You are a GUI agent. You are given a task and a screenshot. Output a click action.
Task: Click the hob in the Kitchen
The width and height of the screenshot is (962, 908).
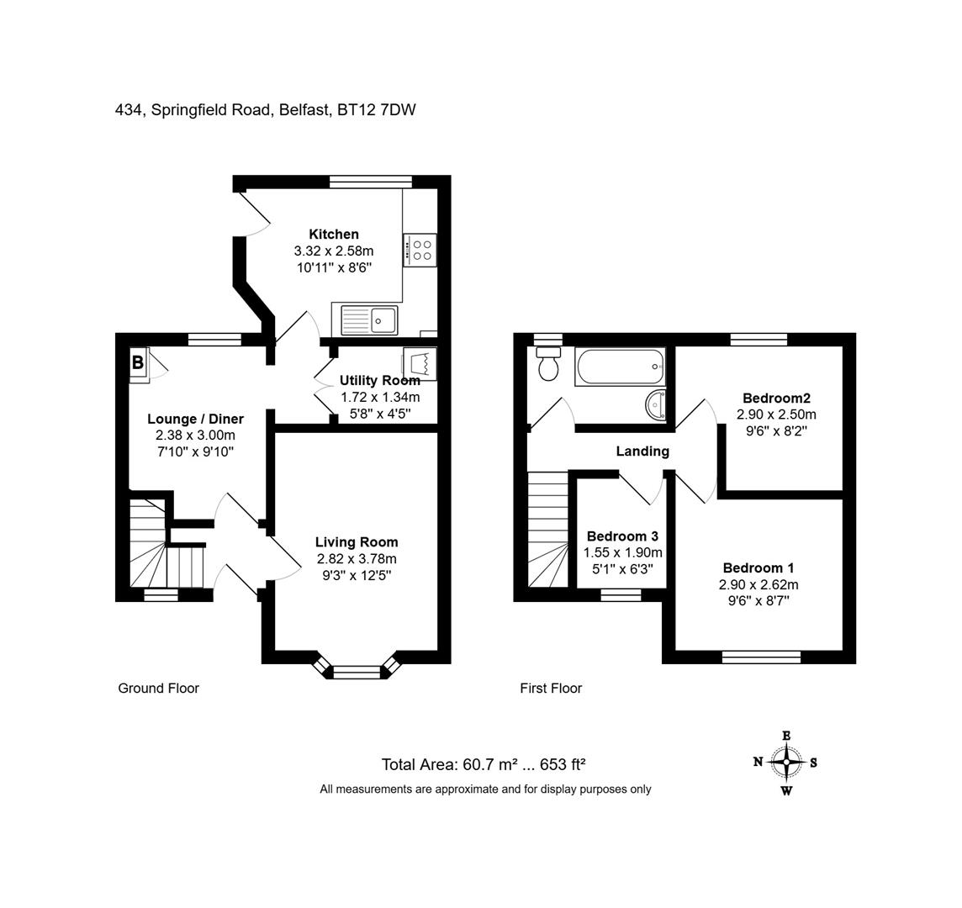tap(420, 251)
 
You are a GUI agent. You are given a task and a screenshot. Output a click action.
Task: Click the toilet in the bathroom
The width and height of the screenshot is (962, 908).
tap(547, 364)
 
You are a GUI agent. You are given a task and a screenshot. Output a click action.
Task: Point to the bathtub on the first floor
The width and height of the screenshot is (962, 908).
tap(621, 367)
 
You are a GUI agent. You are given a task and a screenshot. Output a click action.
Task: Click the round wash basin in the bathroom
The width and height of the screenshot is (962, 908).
tap(656, 405)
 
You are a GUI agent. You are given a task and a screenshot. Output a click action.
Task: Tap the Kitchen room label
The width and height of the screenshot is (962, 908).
tap(334, 235)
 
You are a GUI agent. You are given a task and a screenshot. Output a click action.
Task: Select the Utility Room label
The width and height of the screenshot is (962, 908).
tap(380, 380)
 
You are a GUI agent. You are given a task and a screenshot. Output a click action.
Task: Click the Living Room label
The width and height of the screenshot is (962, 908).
tap(357, 542)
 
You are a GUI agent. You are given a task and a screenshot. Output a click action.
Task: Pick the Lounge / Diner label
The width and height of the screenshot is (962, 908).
tap(195, 419)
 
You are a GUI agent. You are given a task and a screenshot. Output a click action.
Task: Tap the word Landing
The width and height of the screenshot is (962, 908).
tap(642, 451)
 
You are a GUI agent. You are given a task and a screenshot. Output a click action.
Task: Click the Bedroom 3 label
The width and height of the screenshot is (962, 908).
tap(623, 536)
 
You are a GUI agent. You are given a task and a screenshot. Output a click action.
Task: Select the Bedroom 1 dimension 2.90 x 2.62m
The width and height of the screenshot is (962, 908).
tap(759, 584)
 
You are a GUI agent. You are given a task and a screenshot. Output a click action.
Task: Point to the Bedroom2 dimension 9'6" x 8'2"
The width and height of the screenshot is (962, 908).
tap(776, 430)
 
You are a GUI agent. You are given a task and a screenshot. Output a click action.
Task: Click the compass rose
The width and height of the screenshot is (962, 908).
tap(786, 763)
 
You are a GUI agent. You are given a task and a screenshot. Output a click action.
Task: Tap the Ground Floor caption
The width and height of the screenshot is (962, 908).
tap(158, 689)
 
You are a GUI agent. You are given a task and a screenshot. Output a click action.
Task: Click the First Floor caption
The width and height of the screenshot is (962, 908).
tap(551, 689)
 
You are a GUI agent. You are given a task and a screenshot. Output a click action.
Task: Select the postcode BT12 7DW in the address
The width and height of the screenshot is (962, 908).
tap(377, 110)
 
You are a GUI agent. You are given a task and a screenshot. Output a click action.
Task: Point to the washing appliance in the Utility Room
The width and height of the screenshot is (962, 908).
tap(420, 363)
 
